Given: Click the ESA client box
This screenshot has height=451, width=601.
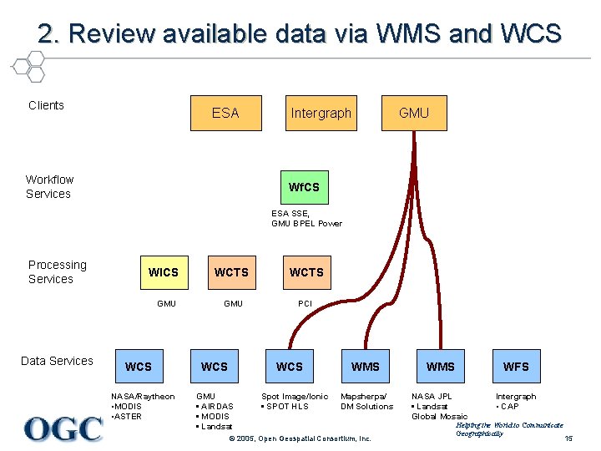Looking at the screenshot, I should click(225, 113).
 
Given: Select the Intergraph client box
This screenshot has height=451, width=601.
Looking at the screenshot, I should click(321, 113).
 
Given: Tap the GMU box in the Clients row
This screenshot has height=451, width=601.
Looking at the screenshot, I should click(413, 113).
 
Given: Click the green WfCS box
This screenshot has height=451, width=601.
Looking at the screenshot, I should click(303, 187).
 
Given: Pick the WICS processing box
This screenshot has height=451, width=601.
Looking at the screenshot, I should click(163, 272).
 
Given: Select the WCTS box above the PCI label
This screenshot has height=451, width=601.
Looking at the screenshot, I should click(306, 272).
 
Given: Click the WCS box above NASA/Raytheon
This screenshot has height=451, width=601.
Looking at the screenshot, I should click(139, 366).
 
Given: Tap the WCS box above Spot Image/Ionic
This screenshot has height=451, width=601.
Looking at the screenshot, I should click(290, 366).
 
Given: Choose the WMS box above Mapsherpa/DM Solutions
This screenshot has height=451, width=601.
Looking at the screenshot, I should click(365, 366).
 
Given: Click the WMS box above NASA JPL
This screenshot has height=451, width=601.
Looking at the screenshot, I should click(441, 366).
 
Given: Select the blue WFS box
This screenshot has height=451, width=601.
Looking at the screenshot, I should click(516, 366).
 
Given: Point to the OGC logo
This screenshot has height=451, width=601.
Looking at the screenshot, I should click(63, 428).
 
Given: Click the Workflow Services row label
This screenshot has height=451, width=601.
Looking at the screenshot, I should click(49, 186).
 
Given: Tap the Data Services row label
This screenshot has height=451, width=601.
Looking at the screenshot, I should click(57, 361).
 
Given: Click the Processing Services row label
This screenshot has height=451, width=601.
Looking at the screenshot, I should click(57, 271).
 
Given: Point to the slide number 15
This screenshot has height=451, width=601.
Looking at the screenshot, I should click(568, 439).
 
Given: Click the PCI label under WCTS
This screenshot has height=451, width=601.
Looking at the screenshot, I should click(306, 303).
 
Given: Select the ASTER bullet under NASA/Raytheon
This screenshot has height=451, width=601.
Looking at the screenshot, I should click(128, 417).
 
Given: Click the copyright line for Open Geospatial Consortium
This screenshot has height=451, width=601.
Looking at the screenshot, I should click(300, 438).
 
